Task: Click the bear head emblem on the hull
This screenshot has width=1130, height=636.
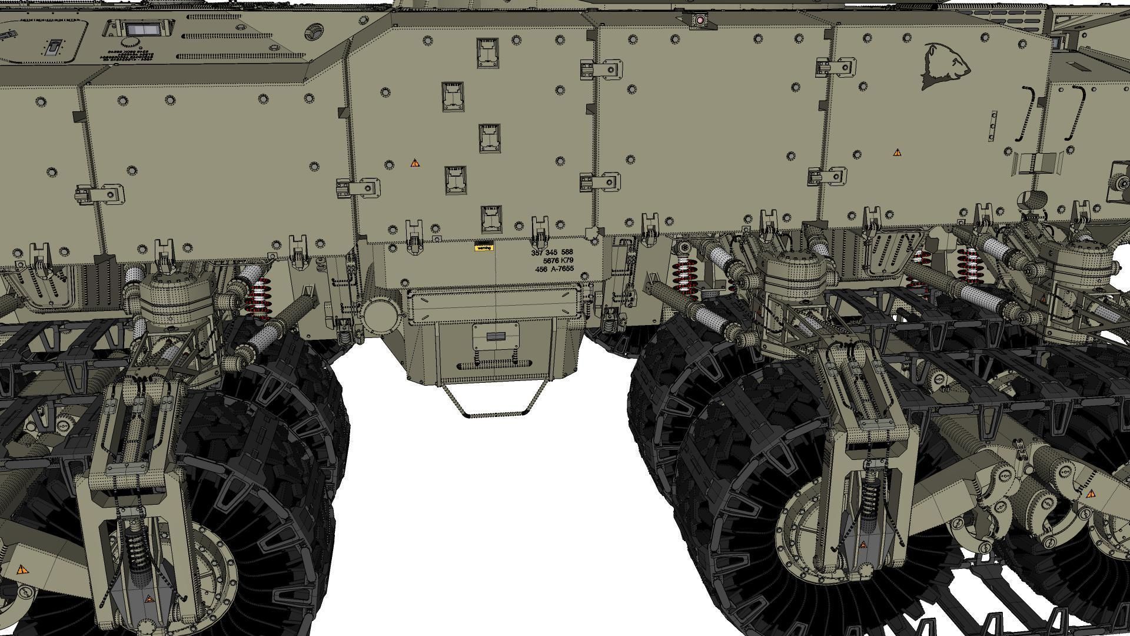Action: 945,65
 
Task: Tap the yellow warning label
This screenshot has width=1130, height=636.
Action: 483,248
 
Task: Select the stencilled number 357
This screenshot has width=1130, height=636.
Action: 537,252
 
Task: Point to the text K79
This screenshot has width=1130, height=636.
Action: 567,260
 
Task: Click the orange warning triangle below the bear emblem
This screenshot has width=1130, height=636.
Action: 897,153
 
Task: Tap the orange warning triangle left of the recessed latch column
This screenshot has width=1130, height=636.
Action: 415,163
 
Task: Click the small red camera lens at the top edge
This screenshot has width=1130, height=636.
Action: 700,20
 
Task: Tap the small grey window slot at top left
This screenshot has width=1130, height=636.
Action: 143,30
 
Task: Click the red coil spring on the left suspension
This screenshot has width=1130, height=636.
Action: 260,297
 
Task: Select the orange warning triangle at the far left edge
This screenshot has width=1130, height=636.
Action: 22,569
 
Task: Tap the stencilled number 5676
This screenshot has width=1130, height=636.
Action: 550,260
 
